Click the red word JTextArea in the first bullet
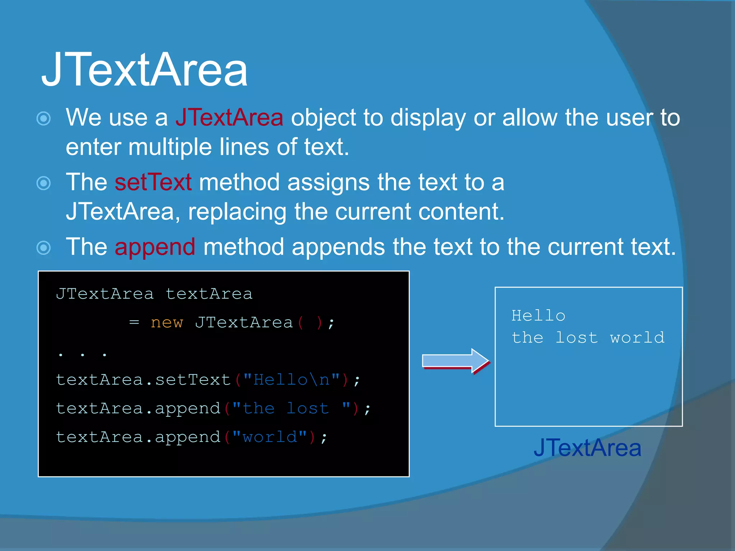coord(229,118)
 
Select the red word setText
coord(153,182)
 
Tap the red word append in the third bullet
coord(155,248)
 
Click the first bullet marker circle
coord(44,118)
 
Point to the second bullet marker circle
coord(44,183)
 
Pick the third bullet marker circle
coord(44,248)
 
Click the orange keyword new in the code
coord(167,322)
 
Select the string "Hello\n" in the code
coord(291,380)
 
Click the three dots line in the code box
coord(82,354)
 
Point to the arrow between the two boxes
coord(455,361)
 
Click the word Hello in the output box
coord(538,316)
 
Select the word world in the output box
coord(637,338)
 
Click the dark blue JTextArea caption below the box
coord(587,448)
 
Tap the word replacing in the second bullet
coord(237,212)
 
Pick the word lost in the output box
coord(576,338)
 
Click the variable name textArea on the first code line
coord(209,294)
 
